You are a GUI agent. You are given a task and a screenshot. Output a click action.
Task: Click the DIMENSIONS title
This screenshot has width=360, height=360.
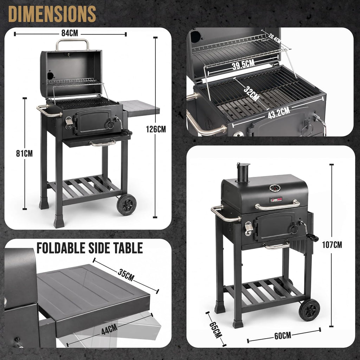coord(52,14)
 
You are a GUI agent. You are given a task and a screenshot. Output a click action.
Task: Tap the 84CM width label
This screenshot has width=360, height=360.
coord(70,33)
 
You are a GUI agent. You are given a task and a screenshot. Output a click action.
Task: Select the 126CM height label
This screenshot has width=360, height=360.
coord(156,129)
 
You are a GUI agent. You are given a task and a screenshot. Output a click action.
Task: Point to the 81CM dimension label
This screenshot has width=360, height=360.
coord(24,153)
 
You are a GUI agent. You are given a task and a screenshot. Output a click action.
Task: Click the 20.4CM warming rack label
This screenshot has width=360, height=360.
coord(274,38)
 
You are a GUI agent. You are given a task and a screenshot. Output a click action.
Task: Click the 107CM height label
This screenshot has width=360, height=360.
coord(332,245)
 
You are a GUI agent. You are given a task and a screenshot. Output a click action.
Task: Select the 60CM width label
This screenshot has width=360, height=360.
coord(283,336)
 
